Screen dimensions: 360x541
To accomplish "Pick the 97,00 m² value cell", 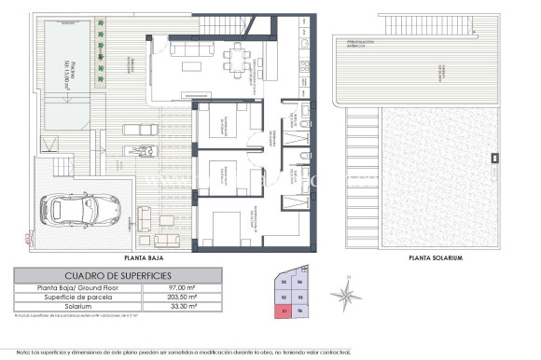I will (181, 289).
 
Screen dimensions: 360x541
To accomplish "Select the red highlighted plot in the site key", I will (284, 312).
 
